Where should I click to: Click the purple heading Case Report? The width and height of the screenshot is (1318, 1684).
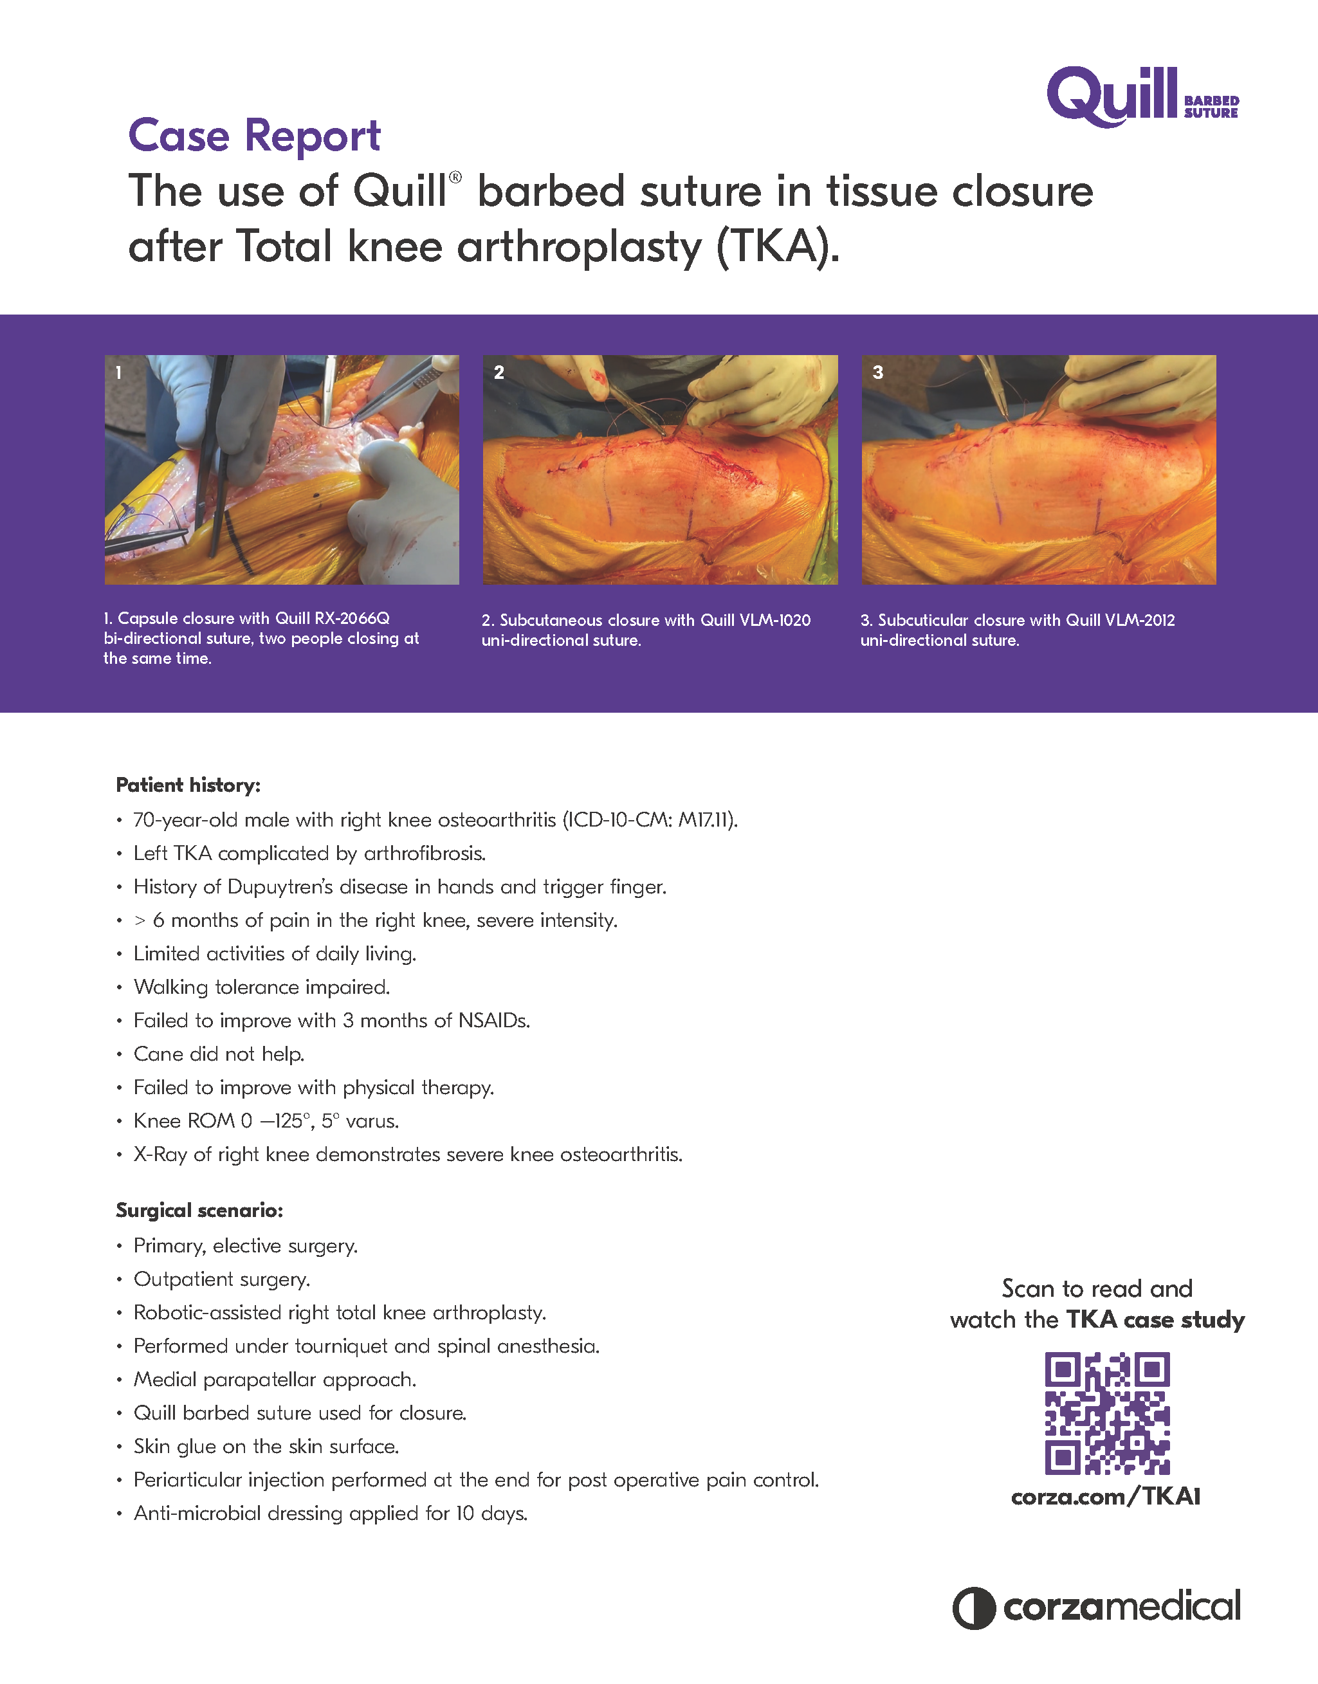254,136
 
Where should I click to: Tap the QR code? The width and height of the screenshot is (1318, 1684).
1107,1413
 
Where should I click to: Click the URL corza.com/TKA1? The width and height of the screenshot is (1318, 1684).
1106,1496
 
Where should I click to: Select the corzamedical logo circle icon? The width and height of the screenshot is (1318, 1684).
974,1607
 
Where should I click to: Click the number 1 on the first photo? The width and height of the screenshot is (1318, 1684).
119,373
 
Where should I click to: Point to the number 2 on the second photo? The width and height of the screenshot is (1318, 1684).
499,373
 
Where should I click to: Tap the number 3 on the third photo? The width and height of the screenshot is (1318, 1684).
877,373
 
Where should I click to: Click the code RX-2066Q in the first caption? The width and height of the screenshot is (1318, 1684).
352,618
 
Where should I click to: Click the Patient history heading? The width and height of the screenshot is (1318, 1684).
188,785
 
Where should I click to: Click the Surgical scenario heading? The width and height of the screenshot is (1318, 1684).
199,1210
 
